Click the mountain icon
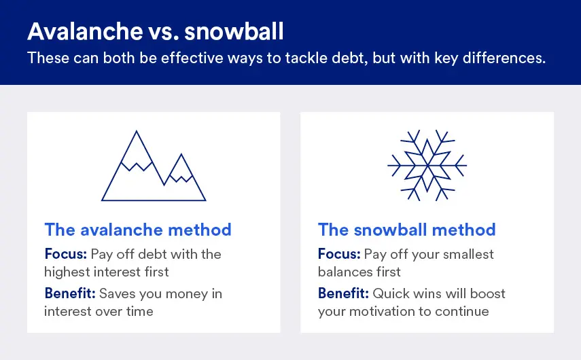click(154, 166)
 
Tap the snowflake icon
click(427, 165)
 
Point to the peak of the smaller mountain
click(181, 156)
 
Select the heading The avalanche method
click(138, 230)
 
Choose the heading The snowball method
click(406, 230)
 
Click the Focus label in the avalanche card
click(66, 255)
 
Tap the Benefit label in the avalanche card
click(70, 294)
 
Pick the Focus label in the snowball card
click(339, 255)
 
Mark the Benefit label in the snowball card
click(343, 294)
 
